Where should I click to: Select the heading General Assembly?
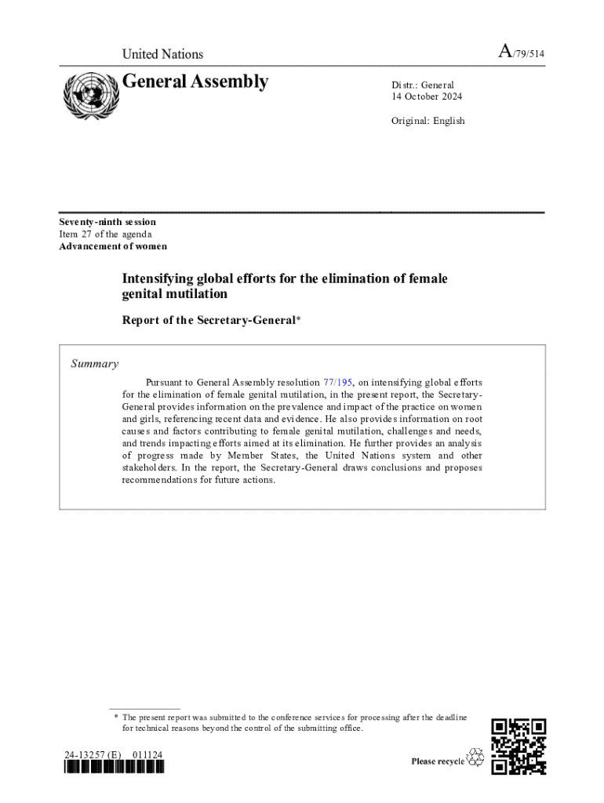click(x=195, y=82)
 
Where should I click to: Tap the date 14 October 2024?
click(x=427, y=97)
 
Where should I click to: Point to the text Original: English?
click(x=428, y=121)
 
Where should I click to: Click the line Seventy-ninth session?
click(x=107, y=222)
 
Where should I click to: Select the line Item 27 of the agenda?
click(x=105, y=234)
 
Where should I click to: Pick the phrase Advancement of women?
click(x=113, y=246)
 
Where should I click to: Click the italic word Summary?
click(x=95, y=364)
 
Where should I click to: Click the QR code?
click(x=518, y=747)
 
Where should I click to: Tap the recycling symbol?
click(x=475, y=758)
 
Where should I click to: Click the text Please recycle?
click(x=438, y=761)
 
